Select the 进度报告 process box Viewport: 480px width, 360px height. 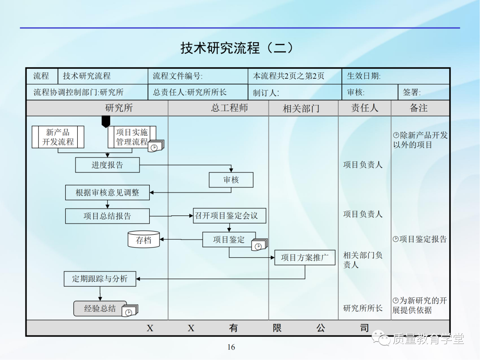pyautogui.click(x=107, y=165)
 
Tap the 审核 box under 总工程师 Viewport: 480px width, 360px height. pyautogui.click(x=231, y=180)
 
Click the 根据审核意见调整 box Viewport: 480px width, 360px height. pyautogui.click(x=107, y=192)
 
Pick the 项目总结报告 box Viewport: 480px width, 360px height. pyautogui.click(x=107, y=216)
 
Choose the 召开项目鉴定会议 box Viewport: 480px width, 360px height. pyautogui.click(x=229, y=216)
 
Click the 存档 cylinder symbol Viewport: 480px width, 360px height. pyautogui.click(x=144, y=240)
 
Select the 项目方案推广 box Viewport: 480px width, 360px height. pyautogui.click(x=305, y=257)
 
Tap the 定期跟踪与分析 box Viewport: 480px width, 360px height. pyautogui.click(x=100, y=279)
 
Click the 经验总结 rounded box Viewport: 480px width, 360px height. pyautogui.click(x=100, y=308)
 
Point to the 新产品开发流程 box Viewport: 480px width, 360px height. pyautogui.click(x=58, y=137)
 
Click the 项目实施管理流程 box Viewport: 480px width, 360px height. pyautogui.click(x=132, y=137)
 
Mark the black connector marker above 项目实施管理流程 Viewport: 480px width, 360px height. pyautogui.click(x=105, y=121)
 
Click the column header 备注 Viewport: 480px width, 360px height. pyautogui.click(x=419, y=108)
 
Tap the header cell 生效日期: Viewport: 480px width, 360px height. pyautogui.click(x=364, y=76)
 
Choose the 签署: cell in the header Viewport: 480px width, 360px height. pyautogui.click(x=412, y=92)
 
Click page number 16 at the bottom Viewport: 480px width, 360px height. pyautogui.click(x=231, y=347)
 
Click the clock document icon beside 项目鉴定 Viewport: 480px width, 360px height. pyautogui.click(x=259, y=245)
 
